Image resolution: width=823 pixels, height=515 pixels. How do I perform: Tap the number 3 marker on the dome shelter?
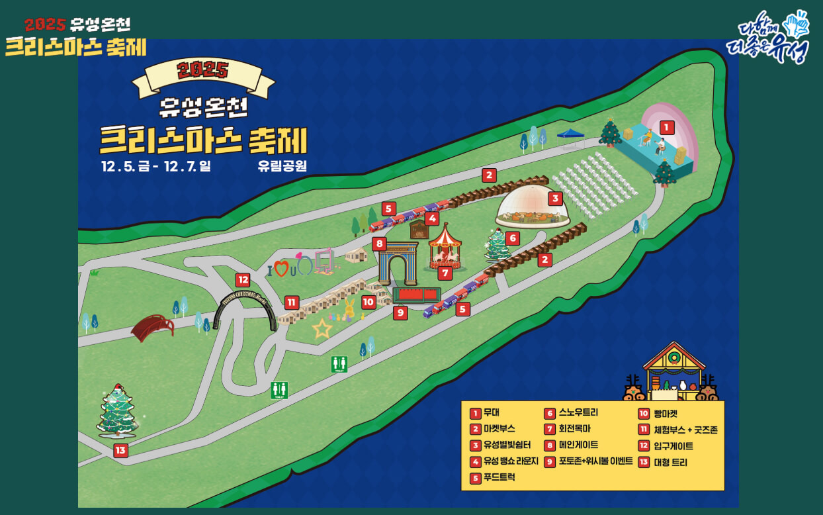pyautogui.click(x=556, y=198)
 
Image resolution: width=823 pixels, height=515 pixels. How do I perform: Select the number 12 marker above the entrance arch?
pyautogui.click(x=242, y=280)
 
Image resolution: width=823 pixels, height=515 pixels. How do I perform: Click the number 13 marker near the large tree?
pyautogui.click(x=120, y=451)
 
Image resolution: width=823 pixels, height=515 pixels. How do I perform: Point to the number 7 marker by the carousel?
pyautogui.click(x=445, y=272)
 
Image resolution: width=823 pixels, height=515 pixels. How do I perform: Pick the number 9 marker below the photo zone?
pyautogui.click(x=400, y=313)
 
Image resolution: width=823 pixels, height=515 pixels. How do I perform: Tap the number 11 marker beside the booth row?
pyautogui.click(x=291, y=303)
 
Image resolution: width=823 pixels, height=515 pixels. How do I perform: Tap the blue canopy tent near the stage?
pyautogui.click(x=570, y=134)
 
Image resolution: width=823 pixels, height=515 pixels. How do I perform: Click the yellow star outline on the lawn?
pyautogui.click(x=322, y=328)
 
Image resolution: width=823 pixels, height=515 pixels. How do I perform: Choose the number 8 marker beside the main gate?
pyautogui.click(x=379, y=244)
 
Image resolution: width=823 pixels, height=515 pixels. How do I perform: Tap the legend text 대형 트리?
pyautogui.click(x=671, y=462)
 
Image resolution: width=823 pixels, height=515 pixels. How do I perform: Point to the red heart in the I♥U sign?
pyautogui.click(x=282, y=269)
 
